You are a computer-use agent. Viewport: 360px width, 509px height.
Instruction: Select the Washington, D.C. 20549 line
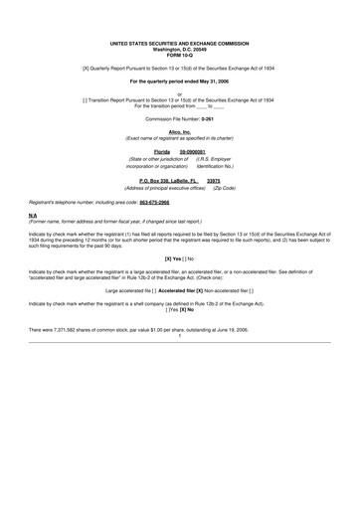click(x=180, y=51)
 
